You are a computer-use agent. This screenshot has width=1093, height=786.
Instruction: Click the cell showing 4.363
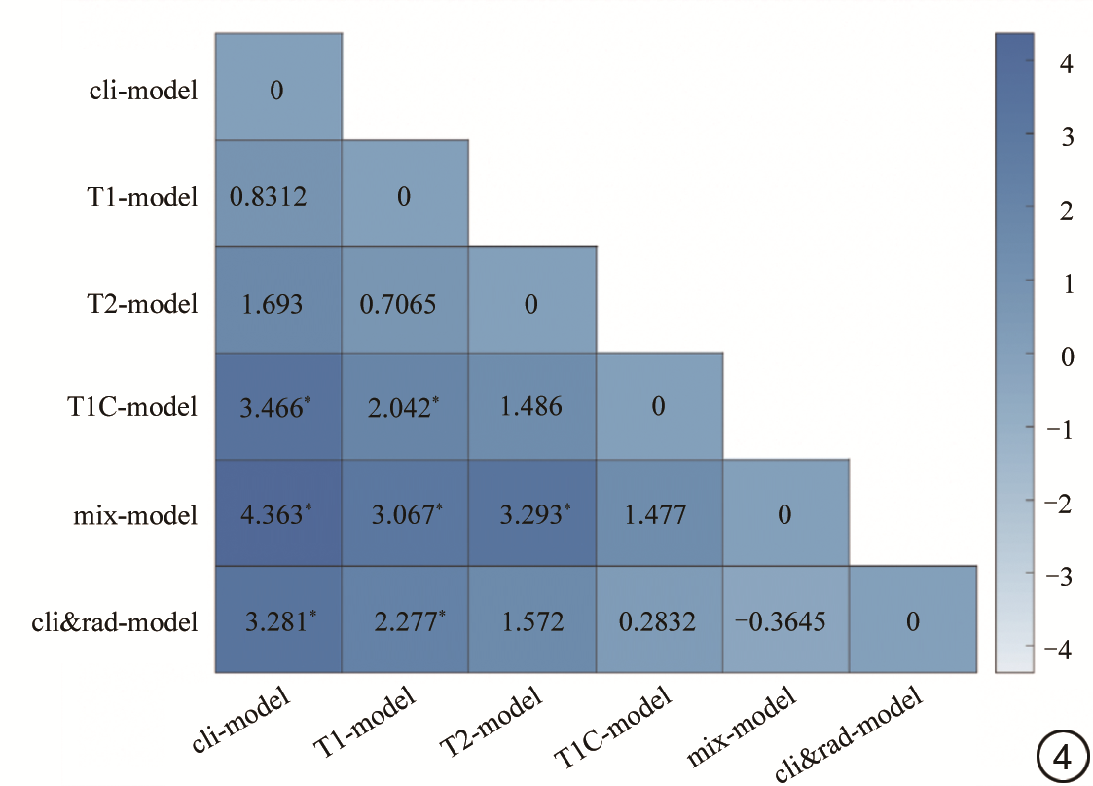click(x=278, y=513)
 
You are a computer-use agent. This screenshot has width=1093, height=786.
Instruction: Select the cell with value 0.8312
click(x=278, y=196)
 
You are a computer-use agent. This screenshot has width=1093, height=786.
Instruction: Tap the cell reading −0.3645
click(x=785, y=620)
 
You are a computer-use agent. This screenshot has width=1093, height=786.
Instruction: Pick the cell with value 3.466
click(x=278, y=407)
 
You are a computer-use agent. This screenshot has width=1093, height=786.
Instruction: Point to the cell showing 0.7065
click(x=405, y=303)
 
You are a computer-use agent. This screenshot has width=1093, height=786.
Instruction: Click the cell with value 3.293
click(x=531, y=513)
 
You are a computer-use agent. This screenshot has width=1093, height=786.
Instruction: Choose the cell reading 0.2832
click(x=659, y=620)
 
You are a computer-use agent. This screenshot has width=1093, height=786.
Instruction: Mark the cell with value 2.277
click(x=405, y=620)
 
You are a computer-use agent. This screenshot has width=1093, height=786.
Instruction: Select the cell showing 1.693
click(x=278, y=303)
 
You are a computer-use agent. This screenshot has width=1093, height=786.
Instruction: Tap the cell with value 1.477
click(x=659, y=513)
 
